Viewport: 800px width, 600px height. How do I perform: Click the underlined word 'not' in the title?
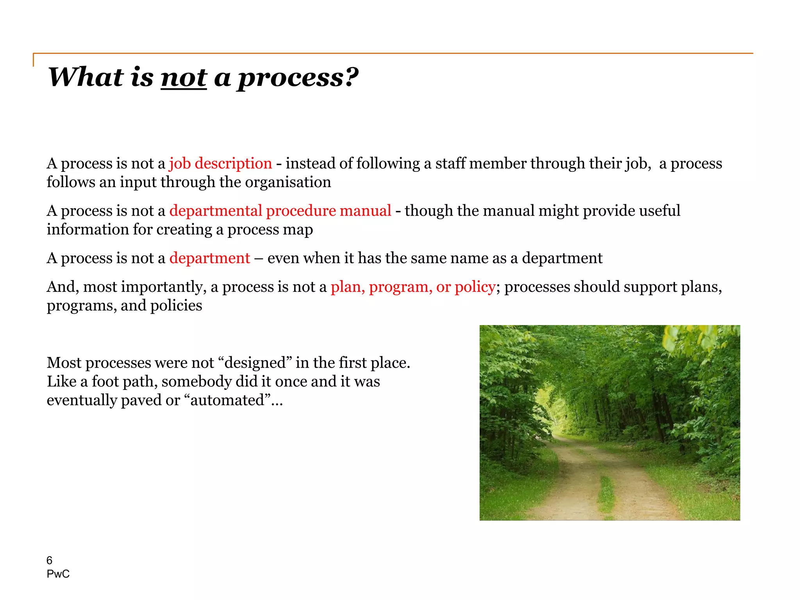click(184, 77)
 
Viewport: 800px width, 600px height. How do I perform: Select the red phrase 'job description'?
click(220, 163)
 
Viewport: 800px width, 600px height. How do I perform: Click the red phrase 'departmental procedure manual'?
click(280, 211)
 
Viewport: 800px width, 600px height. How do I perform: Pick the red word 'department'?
click(209, 258)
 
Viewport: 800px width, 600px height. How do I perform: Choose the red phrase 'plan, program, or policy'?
click(413, 287)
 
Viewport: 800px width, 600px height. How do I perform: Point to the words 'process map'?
click(270, 230)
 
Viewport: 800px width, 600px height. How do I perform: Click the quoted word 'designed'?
click(255, 363)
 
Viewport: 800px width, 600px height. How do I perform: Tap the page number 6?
click(49, 561)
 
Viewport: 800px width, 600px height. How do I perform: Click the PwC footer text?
click(58, 574)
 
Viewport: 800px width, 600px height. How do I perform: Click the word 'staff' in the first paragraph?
click(450, 163)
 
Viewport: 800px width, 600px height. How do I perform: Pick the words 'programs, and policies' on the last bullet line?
click(124, 305)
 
